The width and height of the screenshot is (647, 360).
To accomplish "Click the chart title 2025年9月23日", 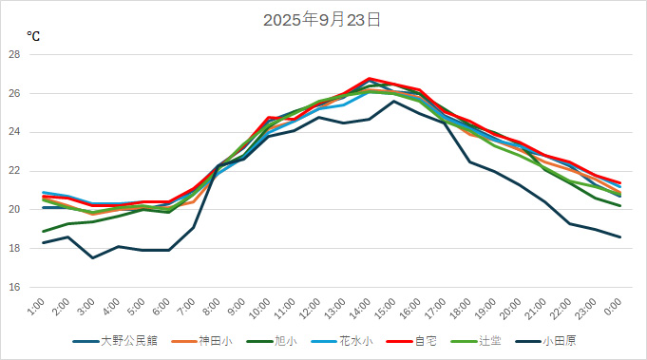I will [x=323, y=19].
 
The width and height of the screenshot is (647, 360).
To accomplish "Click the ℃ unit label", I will [x=33, y=36].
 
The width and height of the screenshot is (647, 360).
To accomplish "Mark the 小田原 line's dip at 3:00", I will [x=92, y=257].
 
